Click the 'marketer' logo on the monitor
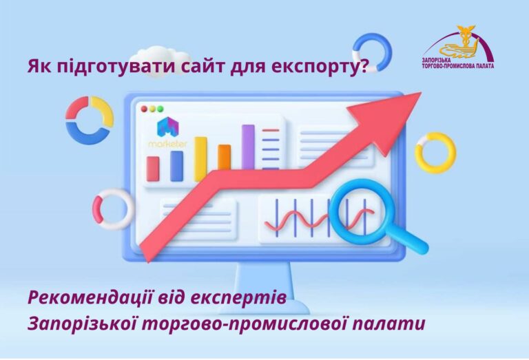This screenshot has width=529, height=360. pyautogui.click(x=167, y=134)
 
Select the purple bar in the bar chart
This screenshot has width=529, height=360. pyautogui.click(x=247, y=147)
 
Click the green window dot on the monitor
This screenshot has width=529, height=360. pyautogui.click(x=160, y=109)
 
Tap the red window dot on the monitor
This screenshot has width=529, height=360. pyautogui.click(x=144, y=109)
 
